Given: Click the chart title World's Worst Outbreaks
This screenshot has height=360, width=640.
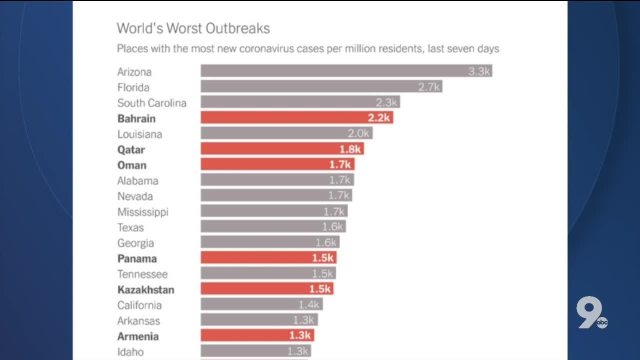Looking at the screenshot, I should click(x=193, y=28).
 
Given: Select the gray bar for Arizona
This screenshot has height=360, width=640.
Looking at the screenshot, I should click(x=346, y=71).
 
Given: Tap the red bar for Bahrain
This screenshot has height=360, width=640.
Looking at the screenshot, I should click(x=296, y=118).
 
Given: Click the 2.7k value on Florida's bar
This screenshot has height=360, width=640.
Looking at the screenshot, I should click(x=429, y=87).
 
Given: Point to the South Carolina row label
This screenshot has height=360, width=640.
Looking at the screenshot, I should click(x=151, y=103).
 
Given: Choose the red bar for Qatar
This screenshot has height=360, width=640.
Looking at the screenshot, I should click(x=282, y=149).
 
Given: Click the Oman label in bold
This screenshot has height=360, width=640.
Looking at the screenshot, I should click(x=132, y=165).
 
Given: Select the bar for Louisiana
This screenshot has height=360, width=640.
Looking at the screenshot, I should click(x=286, y=133).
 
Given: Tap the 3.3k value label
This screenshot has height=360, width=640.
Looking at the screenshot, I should click(x=478, y=71).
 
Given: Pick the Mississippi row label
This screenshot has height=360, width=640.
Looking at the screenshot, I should click(x=142, y=212).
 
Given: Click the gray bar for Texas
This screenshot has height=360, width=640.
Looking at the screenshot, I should click(x=273, y=227).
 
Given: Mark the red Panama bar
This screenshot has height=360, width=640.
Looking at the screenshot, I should click(x=268, y=258).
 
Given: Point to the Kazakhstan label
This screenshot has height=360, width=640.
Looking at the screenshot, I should click(x=145, y=289).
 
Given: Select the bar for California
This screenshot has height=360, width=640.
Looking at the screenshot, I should click(x=261, y=304).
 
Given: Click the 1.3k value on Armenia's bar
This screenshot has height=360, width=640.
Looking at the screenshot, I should click(x=300, y=336).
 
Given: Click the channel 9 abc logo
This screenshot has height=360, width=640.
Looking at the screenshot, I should click(x=591, y=312).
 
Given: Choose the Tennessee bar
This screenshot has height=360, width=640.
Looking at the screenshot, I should click(x=268, y=273).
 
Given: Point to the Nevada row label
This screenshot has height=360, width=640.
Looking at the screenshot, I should click(x=135, y=196).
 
